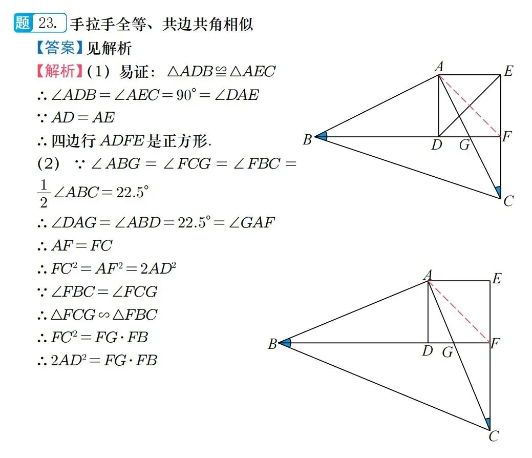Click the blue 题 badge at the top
pyautogui.click(x=23, y=24)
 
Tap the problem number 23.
pyautogui.click(x=51, y=24)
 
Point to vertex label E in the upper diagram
pyautogui.click(x=508, y=71)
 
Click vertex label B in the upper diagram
pyautogui.click(x=307, y=139)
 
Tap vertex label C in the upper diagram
pyautogui.click(x=508, y=201)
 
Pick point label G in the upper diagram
pyautogui.click(x=464, y=145)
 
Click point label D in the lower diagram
pyautogui.click(x=428, y=351)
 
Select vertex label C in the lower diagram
pyautogui.click(x=494, y=436)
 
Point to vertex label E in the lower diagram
pyautogui.click(x=496, y=279)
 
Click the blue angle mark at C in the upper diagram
pyautogui.click(x=498, y=192)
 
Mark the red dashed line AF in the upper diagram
pyautogui.click(x=470, y=106)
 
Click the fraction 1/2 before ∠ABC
pyautogui.click(x=44, y=194)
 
